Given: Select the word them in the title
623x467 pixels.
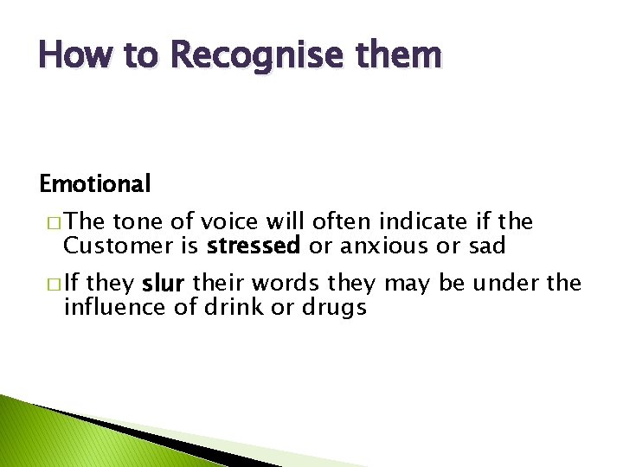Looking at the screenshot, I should click(x=401, y=55).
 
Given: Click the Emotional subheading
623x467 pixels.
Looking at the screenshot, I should click(x=95, y=183).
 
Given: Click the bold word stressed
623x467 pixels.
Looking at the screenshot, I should click(x=254, y=246).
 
